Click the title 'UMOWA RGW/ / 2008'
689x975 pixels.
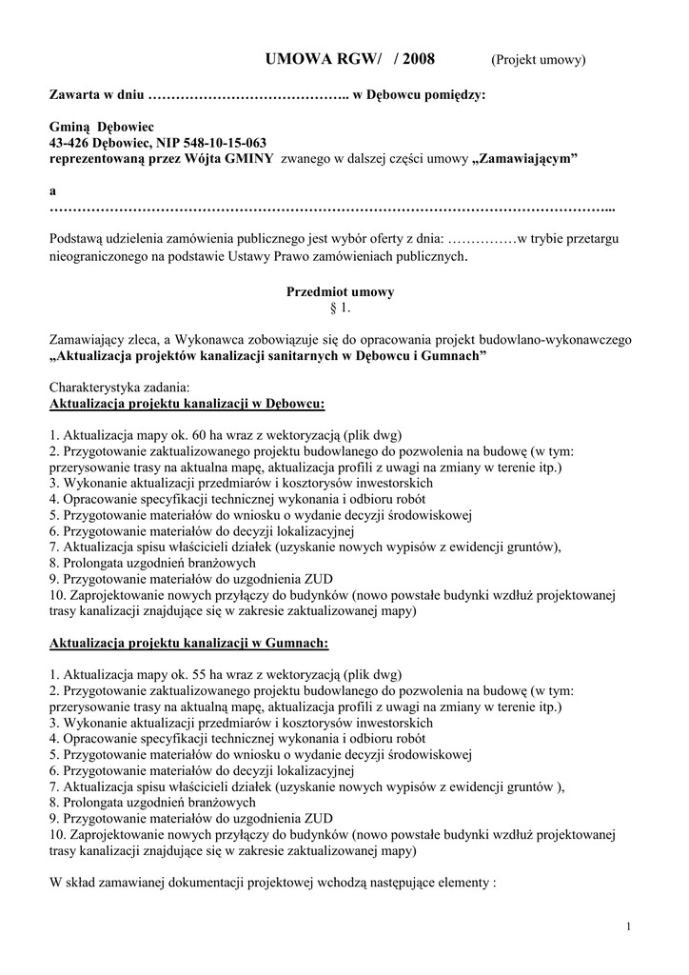coord(353,59)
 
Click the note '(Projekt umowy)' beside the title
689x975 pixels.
coord(538,60)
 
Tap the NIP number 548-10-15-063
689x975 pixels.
coord(219,143)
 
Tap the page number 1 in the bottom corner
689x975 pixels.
coord(631,926)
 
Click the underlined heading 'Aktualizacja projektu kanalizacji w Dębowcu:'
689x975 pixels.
coord(187,404)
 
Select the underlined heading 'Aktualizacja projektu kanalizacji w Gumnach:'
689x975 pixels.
coord(188,644)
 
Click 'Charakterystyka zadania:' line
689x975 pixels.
coord(119,388)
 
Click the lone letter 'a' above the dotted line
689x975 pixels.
coord(52,191)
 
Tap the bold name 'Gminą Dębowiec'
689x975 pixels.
coord(101,127)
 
